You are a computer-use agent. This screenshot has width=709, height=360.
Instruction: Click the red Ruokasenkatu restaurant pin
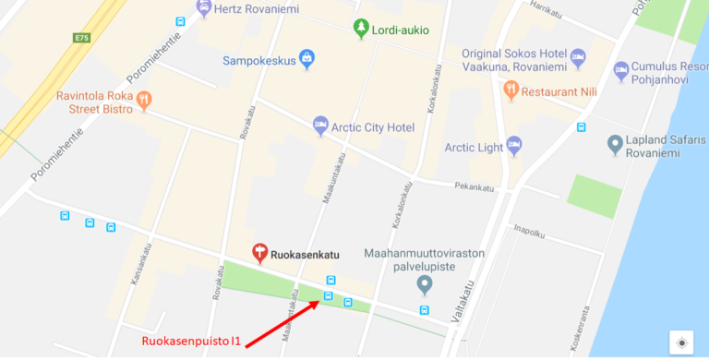(x=260, y=252)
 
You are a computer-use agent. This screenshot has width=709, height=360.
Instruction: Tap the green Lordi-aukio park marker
(x=361, y=29)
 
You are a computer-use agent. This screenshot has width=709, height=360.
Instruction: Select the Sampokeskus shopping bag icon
(x=307, y=60)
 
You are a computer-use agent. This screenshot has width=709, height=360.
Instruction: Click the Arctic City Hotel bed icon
(x=320, y=124)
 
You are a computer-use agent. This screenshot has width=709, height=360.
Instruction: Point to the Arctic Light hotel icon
(x=514, y=145)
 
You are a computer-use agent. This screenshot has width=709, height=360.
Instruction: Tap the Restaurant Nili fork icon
(x=511, y=90)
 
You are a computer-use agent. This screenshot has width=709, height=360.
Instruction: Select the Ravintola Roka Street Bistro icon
(x=143, y=99)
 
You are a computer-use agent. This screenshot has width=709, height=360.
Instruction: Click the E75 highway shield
(x=80, y=38)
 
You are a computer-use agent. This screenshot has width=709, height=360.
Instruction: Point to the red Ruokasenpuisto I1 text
(x=191, y=342)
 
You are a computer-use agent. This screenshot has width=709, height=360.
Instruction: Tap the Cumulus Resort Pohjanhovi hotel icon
(x=621, y=70)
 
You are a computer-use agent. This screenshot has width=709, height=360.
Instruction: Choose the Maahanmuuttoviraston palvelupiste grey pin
(x=425, y=282)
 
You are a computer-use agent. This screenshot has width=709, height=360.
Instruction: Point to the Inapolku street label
(x=530, y=229)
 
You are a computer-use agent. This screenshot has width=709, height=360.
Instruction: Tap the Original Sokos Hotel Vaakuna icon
(x=578, y=58)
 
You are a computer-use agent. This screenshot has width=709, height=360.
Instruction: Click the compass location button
(x=682, y=342)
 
